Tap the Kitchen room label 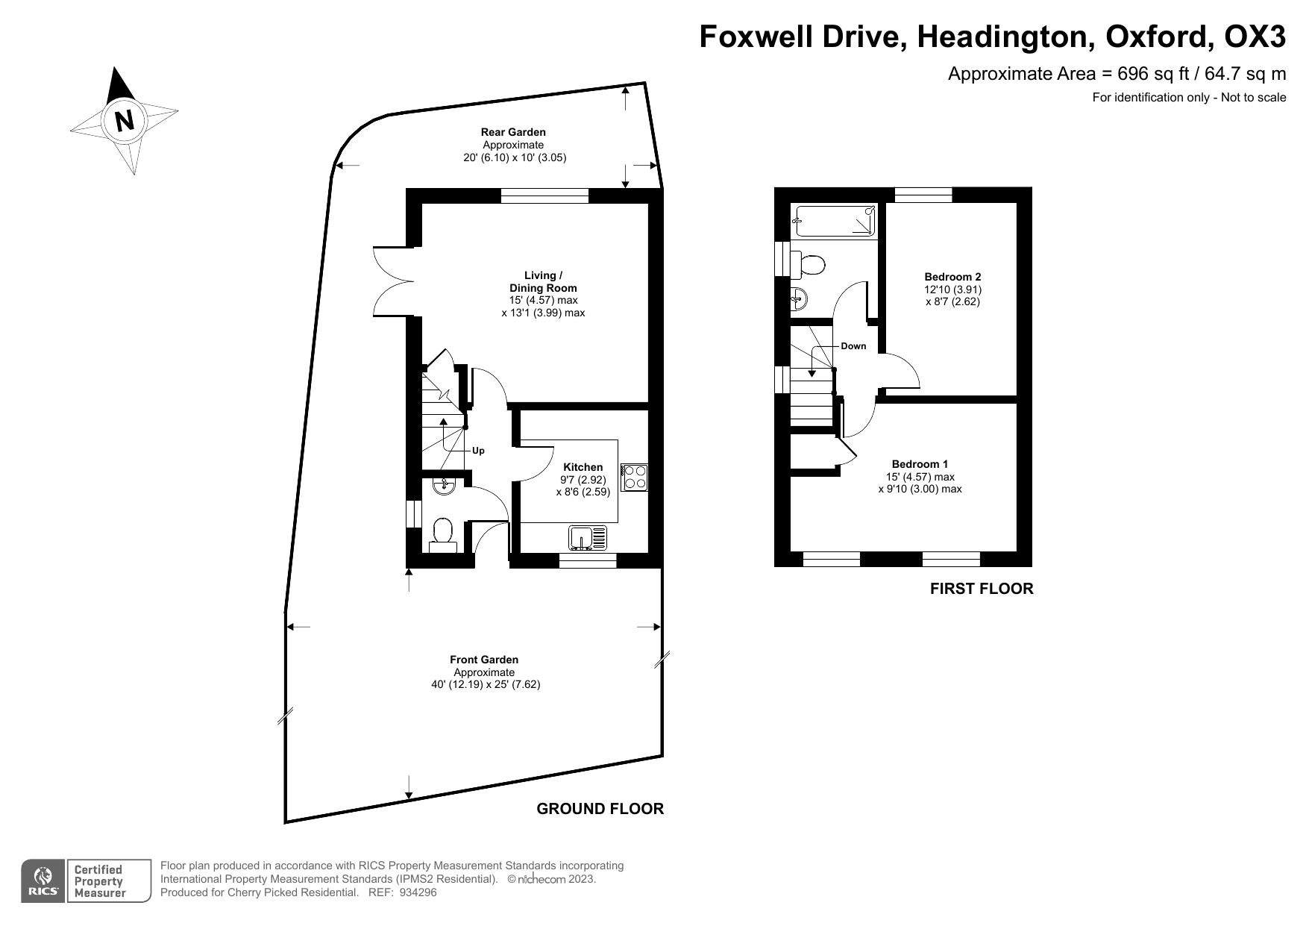[x=583, y=467]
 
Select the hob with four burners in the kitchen [x=635, y=477]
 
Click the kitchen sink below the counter [x=588, y=537]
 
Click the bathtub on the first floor [x=835, y=220]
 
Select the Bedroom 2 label [x=952, y=276]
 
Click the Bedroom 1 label [x=920, y=464]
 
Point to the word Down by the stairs [x=853, y=346]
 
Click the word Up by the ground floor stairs [x=478, y=451]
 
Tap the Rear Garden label [x=513, y=132]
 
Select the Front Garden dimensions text [x=486, y=684]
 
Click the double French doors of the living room [x=392, y=281]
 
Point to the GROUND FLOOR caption [x=600, y=809]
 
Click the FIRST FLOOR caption [x=981, y=589]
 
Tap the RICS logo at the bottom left [x=43, y=881]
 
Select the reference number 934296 [x=418, y=892]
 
